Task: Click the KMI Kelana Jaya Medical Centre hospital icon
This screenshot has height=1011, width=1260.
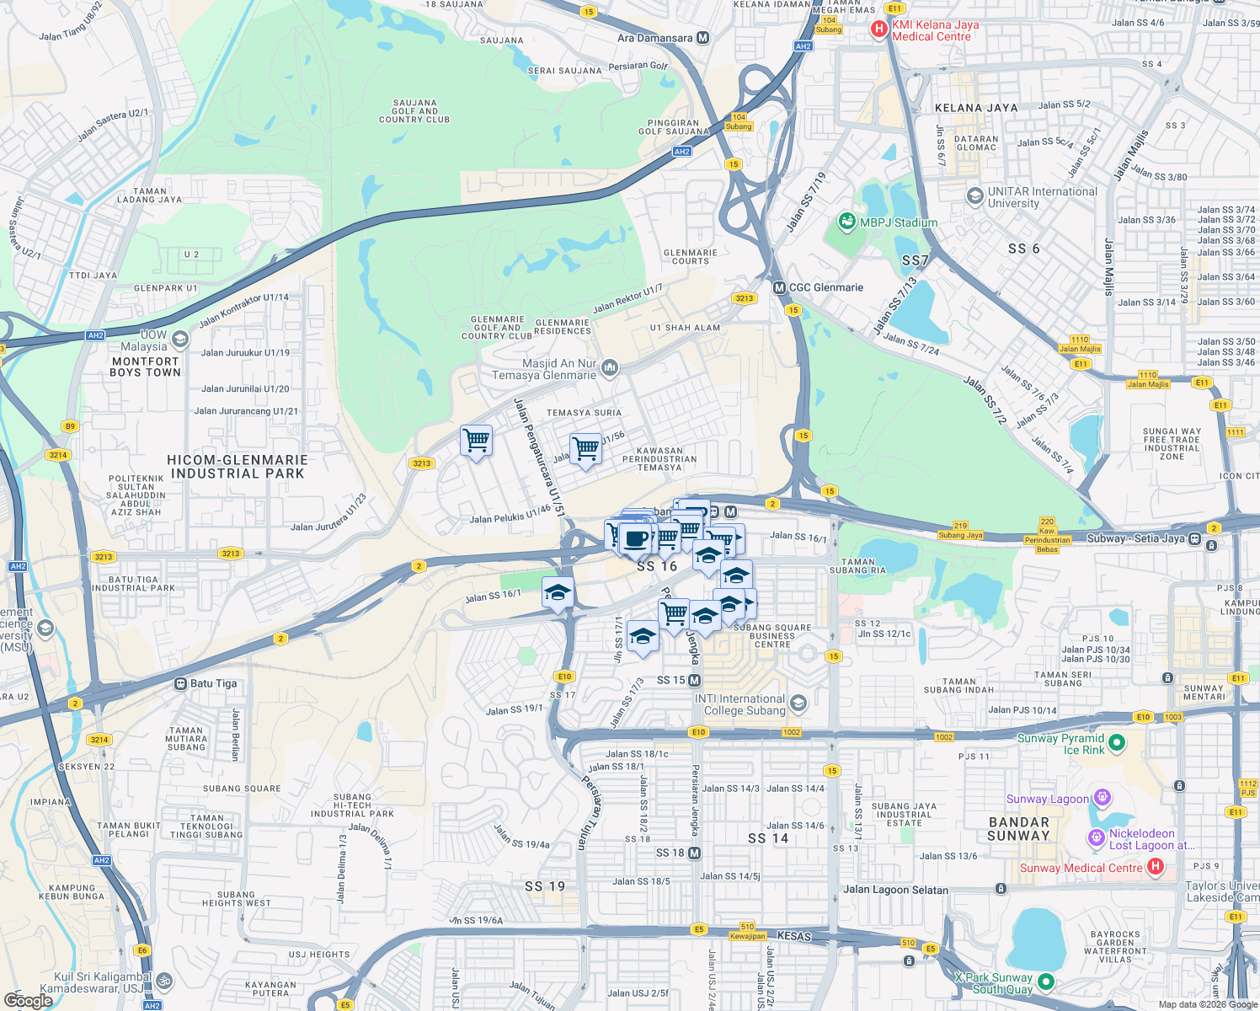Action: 879,30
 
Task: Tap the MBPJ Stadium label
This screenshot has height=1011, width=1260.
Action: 898,222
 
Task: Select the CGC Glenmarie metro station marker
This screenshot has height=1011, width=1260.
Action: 780,287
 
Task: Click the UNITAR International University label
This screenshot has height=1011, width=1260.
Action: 1042,197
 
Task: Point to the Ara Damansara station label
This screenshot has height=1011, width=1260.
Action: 655,38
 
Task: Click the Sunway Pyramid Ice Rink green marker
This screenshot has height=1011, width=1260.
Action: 1117,743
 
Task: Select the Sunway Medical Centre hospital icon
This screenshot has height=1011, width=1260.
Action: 1155,866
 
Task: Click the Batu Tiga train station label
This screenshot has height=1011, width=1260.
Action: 213,683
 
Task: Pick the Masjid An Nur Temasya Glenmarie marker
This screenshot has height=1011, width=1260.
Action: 610,367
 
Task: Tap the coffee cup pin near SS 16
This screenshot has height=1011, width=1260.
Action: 636,538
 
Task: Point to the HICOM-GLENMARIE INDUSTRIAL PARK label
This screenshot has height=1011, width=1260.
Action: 238,467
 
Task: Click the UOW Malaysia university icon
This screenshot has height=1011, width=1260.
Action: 179,340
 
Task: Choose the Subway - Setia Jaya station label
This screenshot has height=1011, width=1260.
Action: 1135,538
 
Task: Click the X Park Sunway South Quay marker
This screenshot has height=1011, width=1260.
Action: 1046,982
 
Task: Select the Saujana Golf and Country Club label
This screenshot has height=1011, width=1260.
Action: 414,111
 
